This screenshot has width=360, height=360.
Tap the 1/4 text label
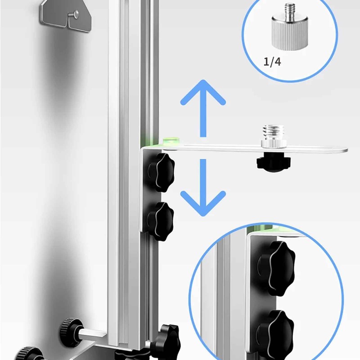point(272,62)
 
